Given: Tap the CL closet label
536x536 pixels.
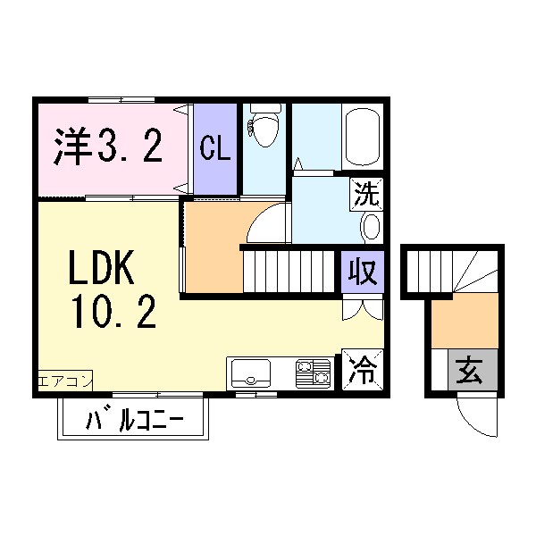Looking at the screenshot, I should (215, 148).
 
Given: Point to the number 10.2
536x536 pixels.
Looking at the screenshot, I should (114, 312).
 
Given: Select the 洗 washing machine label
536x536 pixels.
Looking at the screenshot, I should (365, 191).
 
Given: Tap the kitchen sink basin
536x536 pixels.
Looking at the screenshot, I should (251, 371).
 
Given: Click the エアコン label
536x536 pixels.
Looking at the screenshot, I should (64, 381).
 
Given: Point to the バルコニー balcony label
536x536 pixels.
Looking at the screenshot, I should (134, 419).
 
